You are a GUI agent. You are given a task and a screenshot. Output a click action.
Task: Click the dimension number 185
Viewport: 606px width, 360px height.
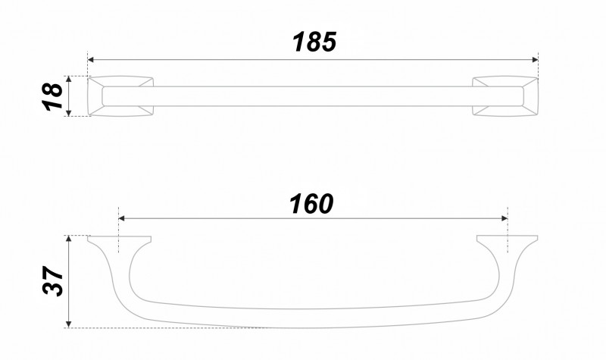coord(314,42)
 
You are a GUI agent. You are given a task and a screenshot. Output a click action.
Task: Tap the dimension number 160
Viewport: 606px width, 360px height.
coord(311,203)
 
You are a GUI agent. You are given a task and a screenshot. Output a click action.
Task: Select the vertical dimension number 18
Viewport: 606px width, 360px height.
coord(51,96)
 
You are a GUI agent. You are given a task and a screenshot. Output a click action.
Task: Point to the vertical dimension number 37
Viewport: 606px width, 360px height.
coord(51,282)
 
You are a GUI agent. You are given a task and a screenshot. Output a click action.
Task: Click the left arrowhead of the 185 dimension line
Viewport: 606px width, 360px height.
coord(92,59)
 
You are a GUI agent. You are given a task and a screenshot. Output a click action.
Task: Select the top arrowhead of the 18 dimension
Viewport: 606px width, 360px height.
coord(69,79)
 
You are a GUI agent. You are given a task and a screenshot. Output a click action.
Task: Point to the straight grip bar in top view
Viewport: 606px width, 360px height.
coord(312,96)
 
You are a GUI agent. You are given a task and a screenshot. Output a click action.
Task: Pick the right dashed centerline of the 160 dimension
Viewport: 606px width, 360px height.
coord(508,227)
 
